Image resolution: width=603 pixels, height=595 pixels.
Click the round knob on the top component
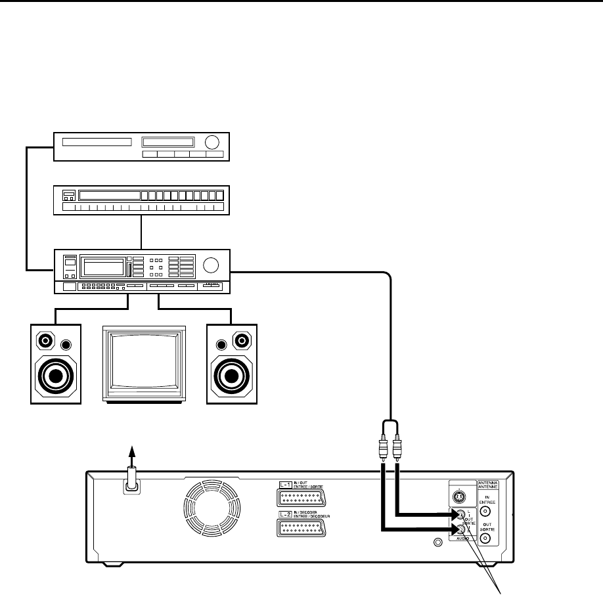(x=212, y=143)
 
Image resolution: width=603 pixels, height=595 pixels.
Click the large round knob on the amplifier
(x=211, y=265)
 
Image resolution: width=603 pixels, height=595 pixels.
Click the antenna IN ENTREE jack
(x=486, y=510)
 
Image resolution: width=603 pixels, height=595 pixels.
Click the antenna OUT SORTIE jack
(x=486, y=538)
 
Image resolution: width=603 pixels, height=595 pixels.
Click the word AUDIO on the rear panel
(x=462, y=538)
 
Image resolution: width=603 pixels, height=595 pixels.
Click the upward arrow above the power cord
(x=131, y=454)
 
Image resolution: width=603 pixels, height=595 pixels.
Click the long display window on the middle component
(x=109, y=195)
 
